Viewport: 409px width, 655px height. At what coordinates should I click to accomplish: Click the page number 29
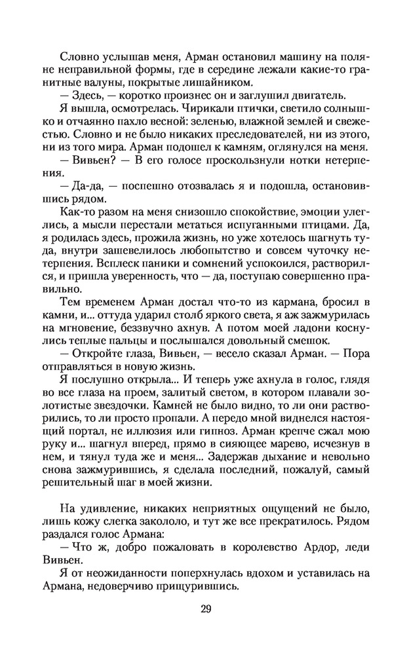coord(204,609)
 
